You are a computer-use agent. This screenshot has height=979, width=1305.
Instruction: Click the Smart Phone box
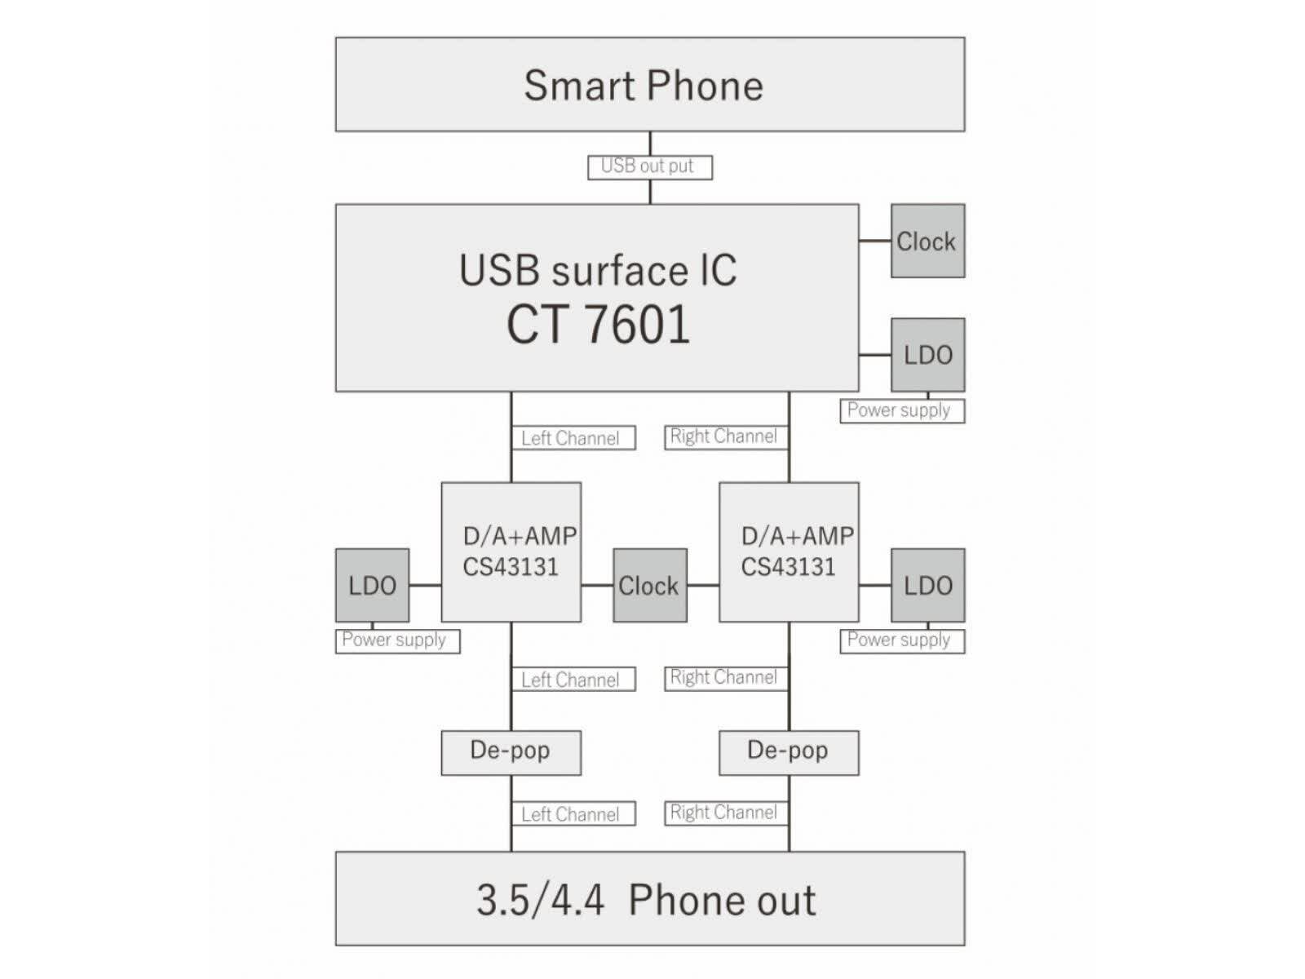[x=649, y=84]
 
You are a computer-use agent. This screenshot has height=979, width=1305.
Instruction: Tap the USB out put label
[x=649, y=166]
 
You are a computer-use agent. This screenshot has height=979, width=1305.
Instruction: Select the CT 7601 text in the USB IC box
[x=598, y=325]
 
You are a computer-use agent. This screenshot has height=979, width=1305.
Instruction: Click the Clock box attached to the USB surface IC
[x=927, y=241]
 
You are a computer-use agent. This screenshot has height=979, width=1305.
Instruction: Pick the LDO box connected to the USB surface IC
[x=927, y=355]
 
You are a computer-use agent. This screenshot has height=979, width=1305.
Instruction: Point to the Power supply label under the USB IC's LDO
[x=901, y=410]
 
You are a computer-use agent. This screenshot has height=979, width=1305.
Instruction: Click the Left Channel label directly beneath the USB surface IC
[x=573, y=438]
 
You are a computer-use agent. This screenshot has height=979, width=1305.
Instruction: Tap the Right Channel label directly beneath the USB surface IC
[x=725, y=436]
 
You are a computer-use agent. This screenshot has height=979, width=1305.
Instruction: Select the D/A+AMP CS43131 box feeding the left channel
[x=511, y=552]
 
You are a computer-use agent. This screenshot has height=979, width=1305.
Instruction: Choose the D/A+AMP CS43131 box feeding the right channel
[x=789, y=552]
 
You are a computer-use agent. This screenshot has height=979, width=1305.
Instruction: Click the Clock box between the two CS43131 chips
[x=649, y=585]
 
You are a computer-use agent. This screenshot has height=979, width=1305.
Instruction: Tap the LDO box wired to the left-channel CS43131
[x=372, y=585]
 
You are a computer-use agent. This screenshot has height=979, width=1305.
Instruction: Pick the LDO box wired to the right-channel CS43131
[x=927, y=585]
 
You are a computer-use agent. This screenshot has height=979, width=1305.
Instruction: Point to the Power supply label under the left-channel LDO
[x=397, y=640]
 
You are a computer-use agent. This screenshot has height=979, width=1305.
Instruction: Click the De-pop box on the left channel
[x=511, y=752]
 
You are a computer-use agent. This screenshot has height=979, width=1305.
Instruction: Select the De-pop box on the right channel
[x=789, y=752]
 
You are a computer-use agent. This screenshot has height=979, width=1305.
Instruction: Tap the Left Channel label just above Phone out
[x=573, y=814]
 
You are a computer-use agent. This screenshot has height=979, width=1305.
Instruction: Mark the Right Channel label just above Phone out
[x=725, y=813]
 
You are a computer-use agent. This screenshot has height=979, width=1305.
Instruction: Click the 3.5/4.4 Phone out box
[x=649, y=899]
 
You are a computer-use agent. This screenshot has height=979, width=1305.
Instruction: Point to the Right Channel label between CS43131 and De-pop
[x=725, y=677]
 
